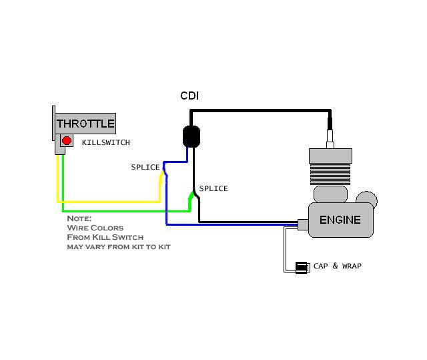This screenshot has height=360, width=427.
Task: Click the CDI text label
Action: point(189,96)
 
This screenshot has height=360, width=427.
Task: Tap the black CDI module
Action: point(192,136)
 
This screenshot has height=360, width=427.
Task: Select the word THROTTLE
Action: point(85,124)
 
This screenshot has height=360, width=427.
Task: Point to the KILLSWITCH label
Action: point(105,142)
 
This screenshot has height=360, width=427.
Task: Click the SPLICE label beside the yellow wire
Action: point(145,167)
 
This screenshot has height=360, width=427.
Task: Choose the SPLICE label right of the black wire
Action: point(213,188)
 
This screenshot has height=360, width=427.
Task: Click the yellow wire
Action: point(107,201)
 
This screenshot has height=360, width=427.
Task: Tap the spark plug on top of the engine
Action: point(330,137)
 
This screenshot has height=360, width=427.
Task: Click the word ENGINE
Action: point(340,220)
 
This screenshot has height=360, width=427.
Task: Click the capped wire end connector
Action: point(302,267)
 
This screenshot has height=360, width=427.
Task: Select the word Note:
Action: point(79,218)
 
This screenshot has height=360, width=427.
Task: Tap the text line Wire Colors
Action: point(95,228)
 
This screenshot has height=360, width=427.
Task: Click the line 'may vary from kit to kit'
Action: point(118,246)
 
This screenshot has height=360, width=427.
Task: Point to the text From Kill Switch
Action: point(105,237)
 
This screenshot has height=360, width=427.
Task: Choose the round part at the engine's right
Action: point(367,200)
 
